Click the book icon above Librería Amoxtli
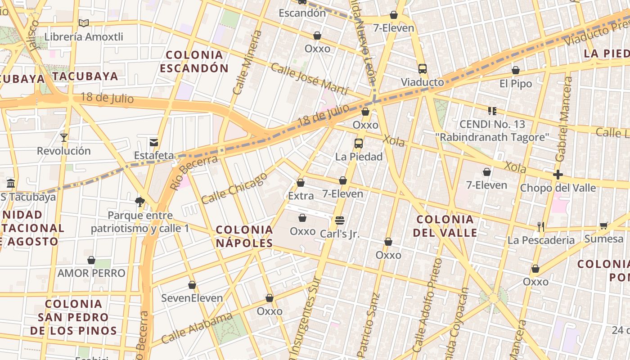pos(83,23)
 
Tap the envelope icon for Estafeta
pos(154,142)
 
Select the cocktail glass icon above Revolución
pos(64,137)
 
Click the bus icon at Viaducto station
pos(422,69)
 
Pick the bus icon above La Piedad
pos(359,144)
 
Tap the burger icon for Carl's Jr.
pos(340,220)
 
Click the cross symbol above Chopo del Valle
pos(558,175)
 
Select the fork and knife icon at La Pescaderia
pos(541,227)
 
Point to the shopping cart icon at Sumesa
pos(603,225)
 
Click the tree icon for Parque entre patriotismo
pos(140,202)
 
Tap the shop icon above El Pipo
pos(516,70)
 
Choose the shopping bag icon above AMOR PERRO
pos(91,260)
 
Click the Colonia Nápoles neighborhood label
pos(244,236)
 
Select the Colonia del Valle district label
pos(445,226)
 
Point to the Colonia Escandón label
pos(194,62)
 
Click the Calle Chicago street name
pos(234,188)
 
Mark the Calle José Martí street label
pos(309,79)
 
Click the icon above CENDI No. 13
pos(492,111)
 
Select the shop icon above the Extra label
pos(301,183)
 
